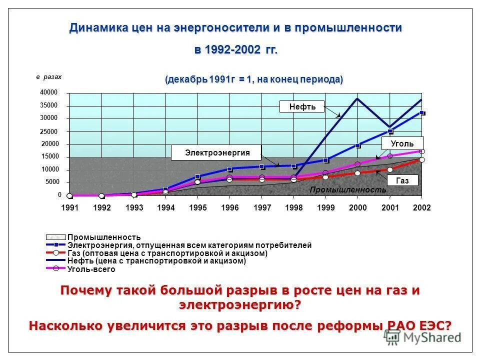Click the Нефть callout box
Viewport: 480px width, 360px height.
coord(302,106)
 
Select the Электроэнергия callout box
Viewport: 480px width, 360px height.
coord(217,152)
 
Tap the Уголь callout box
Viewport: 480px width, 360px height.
coord(402,144)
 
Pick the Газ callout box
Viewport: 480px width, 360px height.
coord(402,180)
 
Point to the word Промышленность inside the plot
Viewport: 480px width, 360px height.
coord(347,190)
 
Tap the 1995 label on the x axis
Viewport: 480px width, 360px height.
coord(198,207)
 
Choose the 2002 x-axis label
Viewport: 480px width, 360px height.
coord(421,207)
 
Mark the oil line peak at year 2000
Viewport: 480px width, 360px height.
coord(357,98)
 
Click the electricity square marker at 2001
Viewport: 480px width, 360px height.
coord(390,131)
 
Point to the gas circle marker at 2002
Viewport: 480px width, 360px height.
coord(422,160)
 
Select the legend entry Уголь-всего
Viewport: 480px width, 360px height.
coord(91,269)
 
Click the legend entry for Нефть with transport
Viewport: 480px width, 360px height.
coord(156,261)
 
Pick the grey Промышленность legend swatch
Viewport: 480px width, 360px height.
coord(56,237)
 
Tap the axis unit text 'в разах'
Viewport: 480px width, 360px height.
coord(49,77)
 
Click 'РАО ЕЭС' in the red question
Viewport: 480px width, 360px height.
coord(409,325)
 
